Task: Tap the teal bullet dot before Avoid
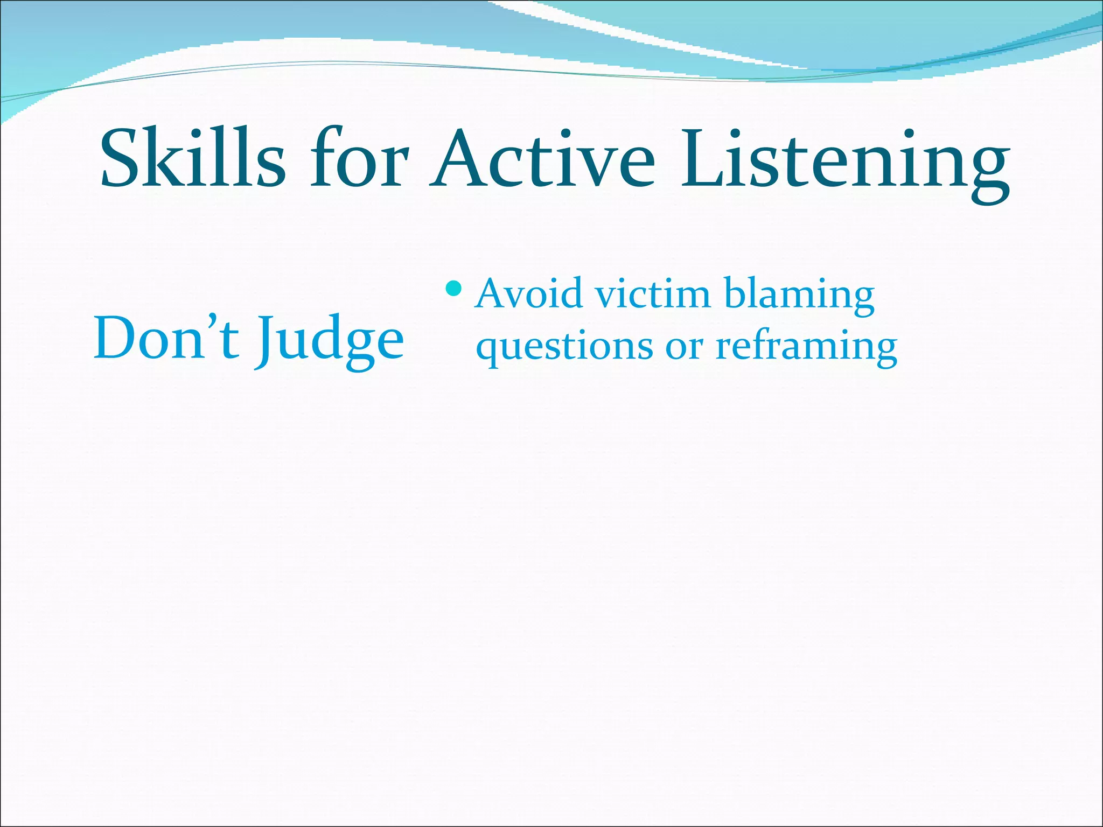pos(454,290)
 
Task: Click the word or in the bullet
pos(684,347)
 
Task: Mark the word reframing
pos(806,347)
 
